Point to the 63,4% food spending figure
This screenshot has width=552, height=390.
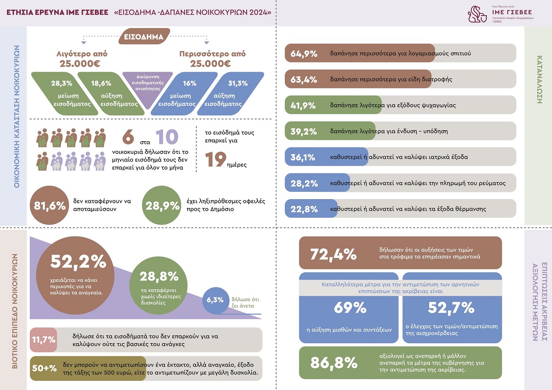(304, 80)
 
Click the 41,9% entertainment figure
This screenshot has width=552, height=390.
(304, 105)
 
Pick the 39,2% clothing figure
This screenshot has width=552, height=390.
(304, 132)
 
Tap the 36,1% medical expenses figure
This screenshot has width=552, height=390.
(303, 157)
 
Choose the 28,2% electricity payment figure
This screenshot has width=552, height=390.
(304, 183)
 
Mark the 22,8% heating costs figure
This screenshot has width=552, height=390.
(304, 209)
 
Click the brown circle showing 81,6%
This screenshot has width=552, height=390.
(48, 206)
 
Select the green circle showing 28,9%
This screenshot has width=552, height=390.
(162, 206)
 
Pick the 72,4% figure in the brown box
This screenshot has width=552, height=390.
(333, 253)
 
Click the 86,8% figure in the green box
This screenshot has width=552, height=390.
(334, 362)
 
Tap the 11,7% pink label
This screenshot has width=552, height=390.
(44, 340)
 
